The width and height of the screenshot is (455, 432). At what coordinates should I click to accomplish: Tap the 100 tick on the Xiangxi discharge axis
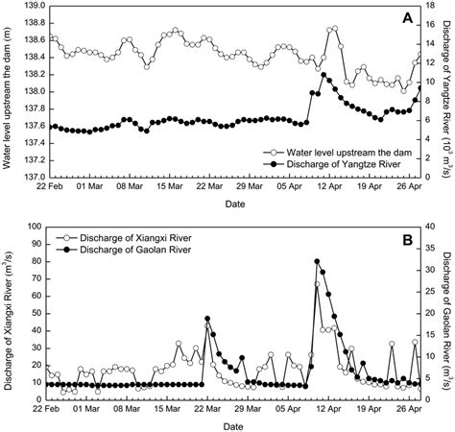[x=35, y=227]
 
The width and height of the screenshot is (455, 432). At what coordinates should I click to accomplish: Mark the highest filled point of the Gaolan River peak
[x=317, y=261]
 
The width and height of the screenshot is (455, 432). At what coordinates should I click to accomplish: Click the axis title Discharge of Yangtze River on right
[x=446, y=92]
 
